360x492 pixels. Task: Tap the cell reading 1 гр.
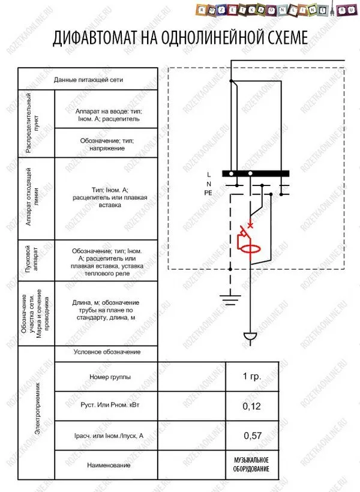click(252, 377)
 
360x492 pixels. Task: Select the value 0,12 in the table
click(252, 406)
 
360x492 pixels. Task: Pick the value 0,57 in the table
click(253, 436)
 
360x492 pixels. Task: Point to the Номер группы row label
click(106, 377)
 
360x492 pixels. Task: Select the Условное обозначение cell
click(107, 352)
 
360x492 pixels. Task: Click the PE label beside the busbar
click(208, 193)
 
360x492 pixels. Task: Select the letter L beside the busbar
click(208, 173)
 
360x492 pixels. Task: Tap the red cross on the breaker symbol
click(250, 226)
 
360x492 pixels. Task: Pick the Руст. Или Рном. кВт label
click(106, 406)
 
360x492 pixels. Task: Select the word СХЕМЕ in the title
click(281, 38)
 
